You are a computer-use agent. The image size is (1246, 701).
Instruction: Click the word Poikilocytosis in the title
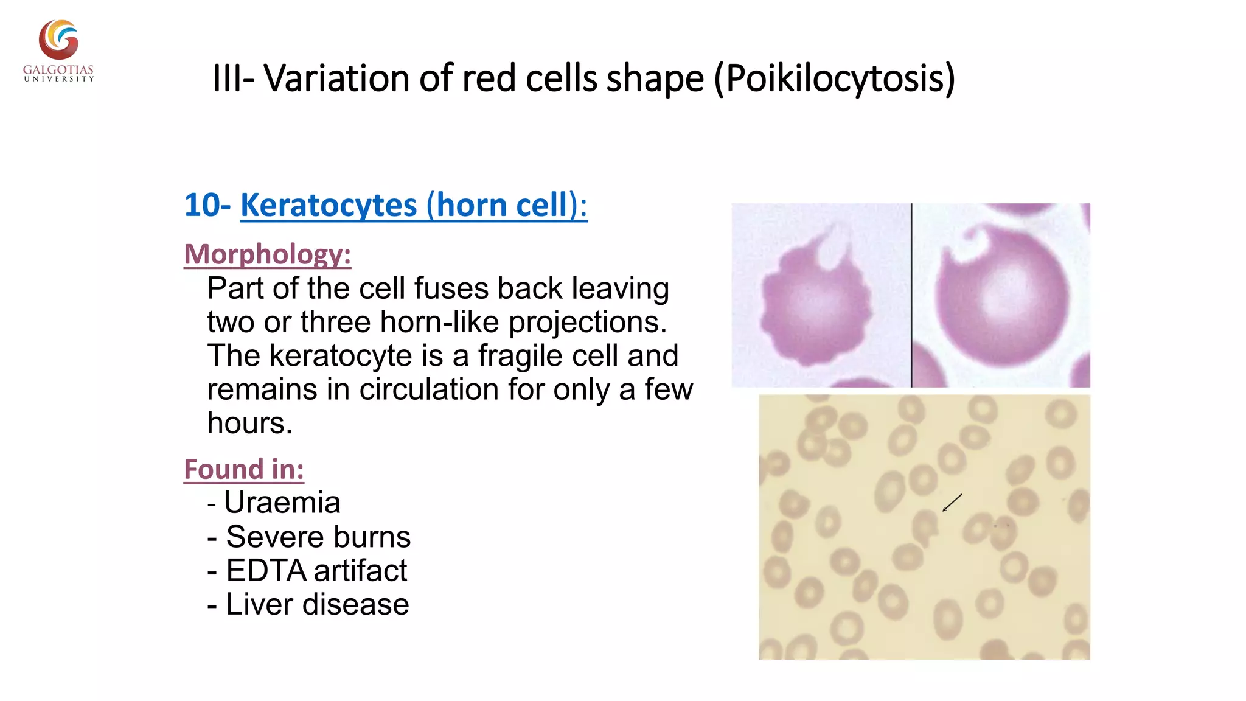point(834,78)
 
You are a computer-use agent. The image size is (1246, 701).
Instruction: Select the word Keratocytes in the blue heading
point(329,205)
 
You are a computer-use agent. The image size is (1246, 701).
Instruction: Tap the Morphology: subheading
point(268,254)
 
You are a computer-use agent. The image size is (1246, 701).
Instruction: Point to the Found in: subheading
point(244,469)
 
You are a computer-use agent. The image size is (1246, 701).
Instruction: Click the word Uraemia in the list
point(282,503)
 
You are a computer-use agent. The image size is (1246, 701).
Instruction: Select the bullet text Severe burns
point(318,537)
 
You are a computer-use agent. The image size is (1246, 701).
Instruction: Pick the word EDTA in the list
point(266,571)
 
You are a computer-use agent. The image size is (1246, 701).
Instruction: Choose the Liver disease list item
point(317,604)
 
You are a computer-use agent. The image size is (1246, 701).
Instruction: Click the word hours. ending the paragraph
point(249,423)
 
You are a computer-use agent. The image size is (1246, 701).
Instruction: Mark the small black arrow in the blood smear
point(952,503)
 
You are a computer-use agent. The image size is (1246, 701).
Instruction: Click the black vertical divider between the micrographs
point(911,295)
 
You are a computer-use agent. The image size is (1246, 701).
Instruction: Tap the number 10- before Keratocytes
point(207,205)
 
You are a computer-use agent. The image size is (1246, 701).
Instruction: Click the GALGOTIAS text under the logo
point(58,69)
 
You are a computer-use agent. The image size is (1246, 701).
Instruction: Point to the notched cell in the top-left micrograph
point(815,301)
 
